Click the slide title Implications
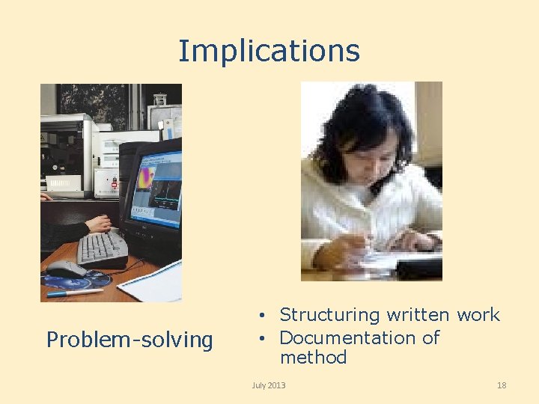(x=269, y=51)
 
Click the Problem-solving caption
(x=130, y=340)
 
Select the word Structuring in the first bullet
(x=329, y=316)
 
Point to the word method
(x=313, y=358)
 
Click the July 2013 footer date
(x=269, y=385)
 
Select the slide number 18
(x=502, y=385)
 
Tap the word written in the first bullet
(x=419, y=316)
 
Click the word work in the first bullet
(x=478, y=316)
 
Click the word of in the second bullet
(x=430, y=337)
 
